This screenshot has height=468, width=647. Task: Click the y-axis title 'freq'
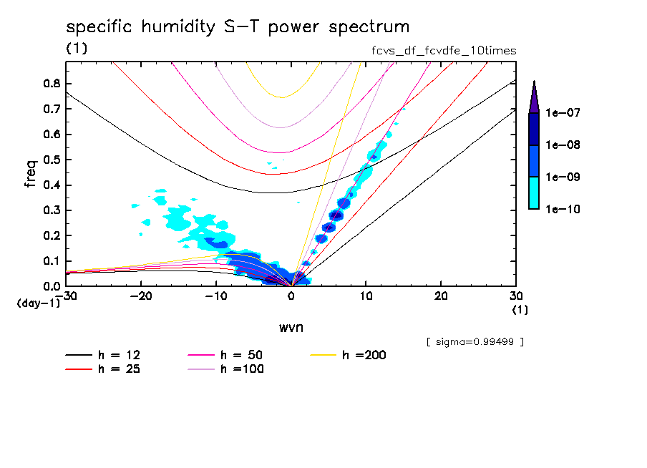point(31,174)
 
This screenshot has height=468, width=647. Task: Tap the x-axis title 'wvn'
point(290,328)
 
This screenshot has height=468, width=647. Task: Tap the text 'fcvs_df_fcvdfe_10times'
point(439,51)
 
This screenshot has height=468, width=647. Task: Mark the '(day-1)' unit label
point(39,303)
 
